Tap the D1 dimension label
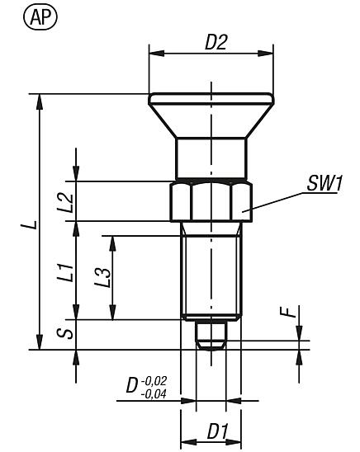point(217,431)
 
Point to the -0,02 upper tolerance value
point(154,381)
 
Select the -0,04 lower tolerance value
point(154,393)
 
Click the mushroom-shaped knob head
point(211,111)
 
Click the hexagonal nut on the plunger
point(211,200)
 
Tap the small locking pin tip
point(211,338)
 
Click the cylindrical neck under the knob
point(211,158)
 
